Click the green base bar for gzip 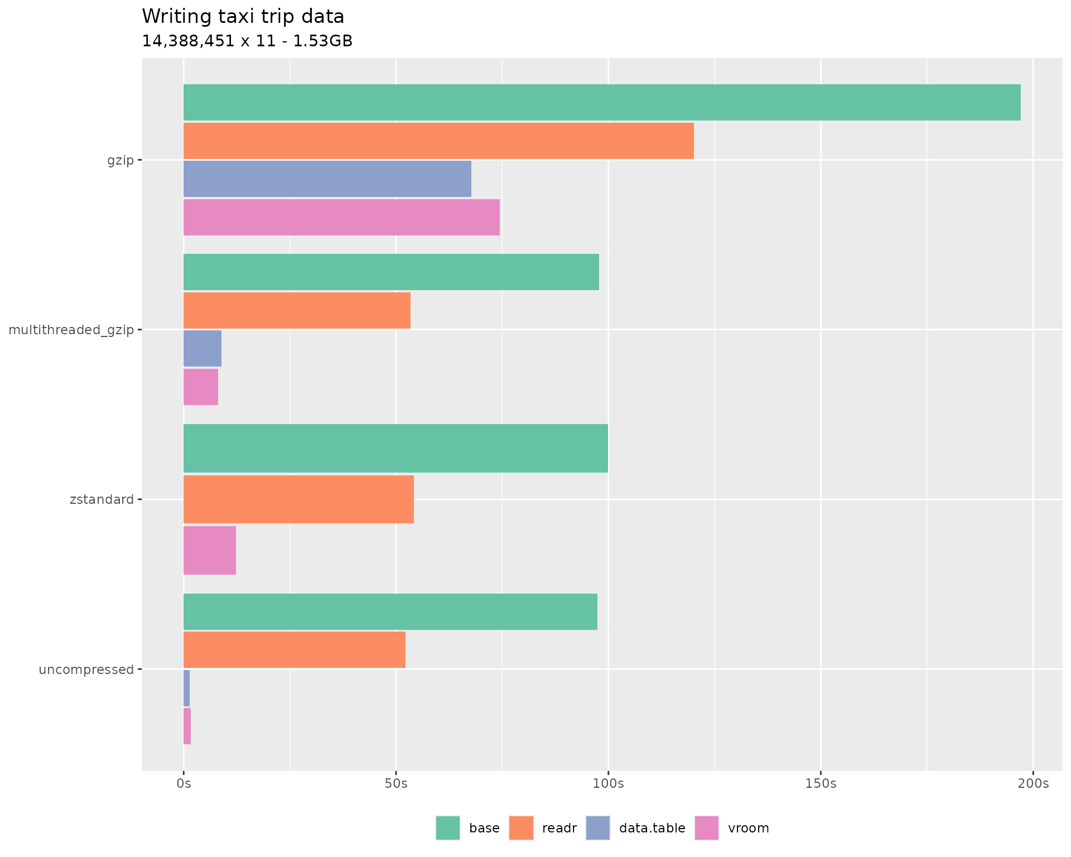(x=601, y=102)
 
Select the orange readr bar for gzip (x=438, y=141)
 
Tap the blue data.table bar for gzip (x=327, y=179)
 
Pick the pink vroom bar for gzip (x=341, y=217)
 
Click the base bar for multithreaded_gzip (x=391, y=272)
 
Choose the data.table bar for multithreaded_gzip (x=202, y=348)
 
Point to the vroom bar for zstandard (x=210, y=550)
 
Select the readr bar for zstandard (x=298, y=499)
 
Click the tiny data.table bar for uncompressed (x=187, y=688)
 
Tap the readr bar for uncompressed (x=295, y=649)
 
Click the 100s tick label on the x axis (x=608, y=784)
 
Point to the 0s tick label (x=184, y=784)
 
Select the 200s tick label (x=1033, y=784)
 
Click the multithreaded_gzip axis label (x=71, y=330)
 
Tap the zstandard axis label (x=102, y=499)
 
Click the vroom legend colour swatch (x=706, y=828)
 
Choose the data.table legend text (x=652, y=828)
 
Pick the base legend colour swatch (x=448, y=828)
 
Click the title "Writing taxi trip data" (x=243, y=17)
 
